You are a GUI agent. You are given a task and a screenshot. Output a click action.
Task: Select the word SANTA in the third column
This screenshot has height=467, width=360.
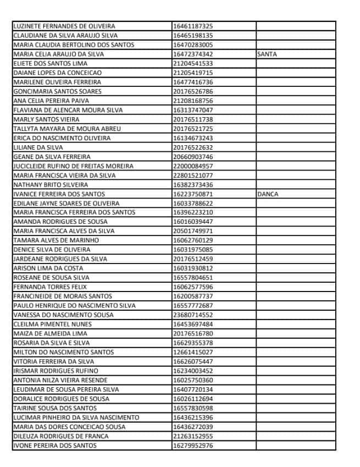pos(267,54)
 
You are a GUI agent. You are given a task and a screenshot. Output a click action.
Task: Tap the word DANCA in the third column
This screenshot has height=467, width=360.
pos(267,194)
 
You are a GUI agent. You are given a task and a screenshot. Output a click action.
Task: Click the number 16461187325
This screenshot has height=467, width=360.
pos(193,26)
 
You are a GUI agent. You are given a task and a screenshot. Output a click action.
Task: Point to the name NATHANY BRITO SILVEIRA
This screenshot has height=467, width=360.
pos(51,185)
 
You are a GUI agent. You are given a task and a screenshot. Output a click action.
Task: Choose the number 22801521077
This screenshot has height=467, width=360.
pos(193,175)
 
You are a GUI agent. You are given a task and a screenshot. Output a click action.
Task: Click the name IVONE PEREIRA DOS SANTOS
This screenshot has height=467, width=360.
pos(55,446)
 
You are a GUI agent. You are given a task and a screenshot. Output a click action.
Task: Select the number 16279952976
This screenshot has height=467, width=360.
pos(193,446)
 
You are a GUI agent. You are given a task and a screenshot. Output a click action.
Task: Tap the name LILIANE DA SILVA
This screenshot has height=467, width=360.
pos(38,147)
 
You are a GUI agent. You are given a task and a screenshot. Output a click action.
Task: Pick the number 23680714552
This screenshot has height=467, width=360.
pos(193,315)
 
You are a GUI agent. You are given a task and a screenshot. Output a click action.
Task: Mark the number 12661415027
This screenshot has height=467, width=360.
pos(193,352)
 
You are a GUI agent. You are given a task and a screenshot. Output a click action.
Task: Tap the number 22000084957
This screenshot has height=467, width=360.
pos(193,166)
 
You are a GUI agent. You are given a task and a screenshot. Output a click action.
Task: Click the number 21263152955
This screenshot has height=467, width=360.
pos(193,436)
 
